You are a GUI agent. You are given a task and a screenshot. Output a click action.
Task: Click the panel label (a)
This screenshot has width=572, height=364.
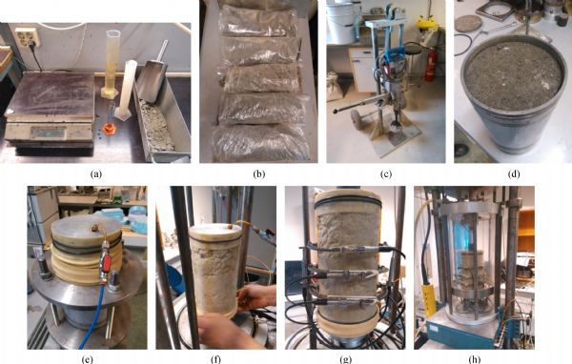coord(96,174)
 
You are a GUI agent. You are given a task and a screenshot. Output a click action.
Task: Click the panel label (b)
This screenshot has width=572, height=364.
coord(258,174)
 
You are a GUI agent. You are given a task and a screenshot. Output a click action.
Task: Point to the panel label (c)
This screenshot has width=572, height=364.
coord(386,174)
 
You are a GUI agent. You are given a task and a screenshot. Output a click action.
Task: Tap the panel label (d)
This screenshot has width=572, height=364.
coord(514,174)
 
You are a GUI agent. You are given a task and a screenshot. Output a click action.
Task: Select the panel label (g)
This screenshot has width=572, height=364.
coord(345,359)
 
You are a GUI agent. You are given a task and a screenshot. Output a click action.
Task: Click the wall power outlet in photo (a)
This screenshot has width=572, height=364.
coord(27,37)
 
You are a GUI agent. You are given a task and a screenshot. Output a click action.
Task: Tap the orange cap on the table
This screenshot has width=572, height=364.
coord(109,128)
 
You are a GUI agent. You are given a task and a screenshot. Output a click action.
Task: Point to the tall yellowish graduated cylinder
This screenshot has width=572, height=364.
coord(112,63)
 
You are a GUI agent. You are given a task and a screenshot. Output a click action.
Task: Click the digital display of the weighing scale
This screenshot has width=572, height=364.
coord(48,132)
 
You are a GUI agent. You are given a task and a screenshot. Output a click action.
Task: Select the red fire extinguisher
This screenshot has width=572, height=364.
coord(432,66)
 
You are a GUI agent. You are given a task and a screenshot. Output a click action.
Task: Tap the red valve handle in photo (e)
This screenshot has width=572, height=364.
coord(107,263)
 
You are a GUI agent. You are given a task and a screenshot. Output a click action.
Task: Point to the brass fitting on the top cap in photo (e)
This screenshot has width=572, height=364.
coord(94,228)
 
